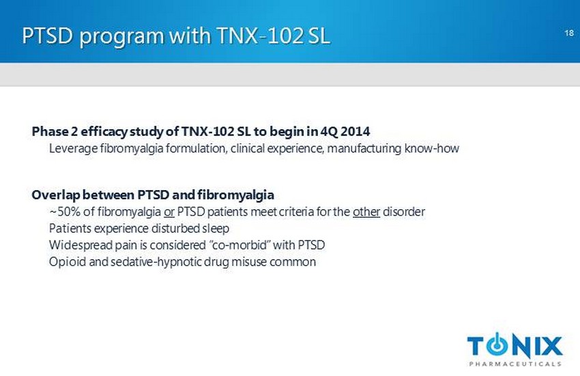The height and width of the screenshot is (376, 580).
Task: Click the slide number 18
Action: click(569, 33)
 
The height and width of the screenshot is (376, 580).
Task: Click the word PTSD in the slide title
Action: click(47, 36)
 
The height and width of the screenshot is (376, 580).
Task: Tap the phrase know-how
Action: click(432, 148)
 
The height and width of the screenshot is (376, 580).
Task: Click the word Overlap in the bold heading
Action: click(55, 196)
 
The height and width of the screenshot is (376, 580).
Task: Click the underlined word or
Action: click(169, 213)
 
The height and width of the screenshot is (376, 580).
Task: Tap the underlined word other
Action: click(366, 212)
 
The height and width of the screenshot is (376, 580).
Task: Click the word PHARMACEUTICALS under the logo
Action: click(515, 364)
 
